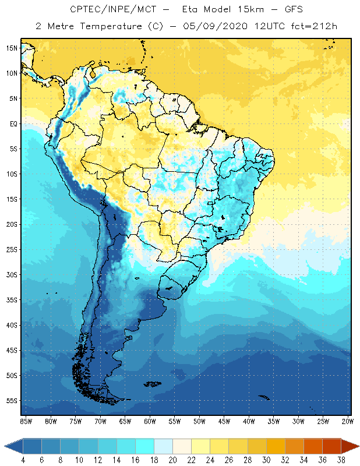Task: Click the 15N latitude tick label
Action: click(12, 48)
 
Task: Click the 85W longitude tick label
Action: click(26, 421)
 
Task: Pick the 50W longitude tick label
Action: click(199, 421)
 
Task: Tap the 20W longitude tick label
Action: click(348, 421)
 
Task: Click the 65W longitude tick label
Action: click(125, 421)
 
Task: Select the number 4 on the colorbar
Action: click(23, 461)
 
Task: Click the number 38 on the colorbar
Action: click(341, 461)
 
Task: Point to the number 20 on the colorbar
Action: click(172, 461)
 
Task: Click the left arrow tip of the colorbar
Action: click(5, 446)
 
